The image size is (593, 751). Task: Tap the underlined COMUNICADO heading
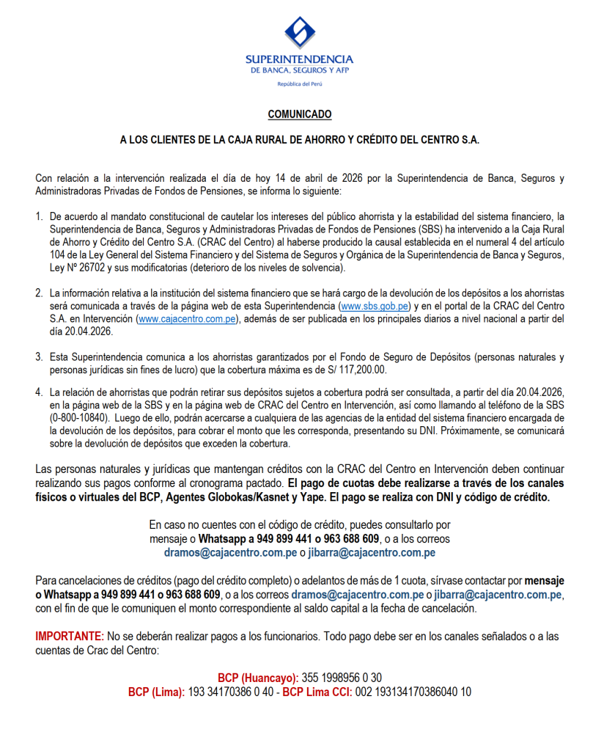pyautogui.click(x=299, y=114)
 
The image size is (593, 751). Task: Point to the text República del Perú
pyautogui.click(x=299, y=84)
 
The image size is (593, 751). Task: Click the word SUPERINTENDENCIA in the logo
pyautogui.click(x=299, y=59)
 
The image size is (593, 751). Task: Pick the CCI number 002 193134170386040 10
pyautogui.click(x=413, y=692)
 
